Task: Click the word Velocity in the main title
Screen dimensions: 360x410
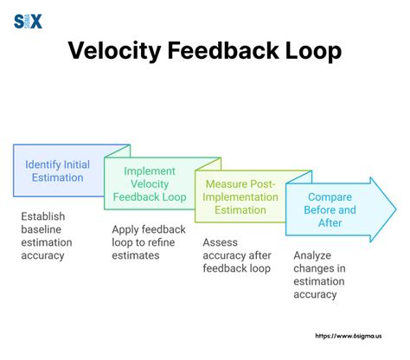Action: tap(112, 51)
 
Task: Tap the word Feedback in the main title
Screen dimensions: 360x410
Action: tap(229, 51)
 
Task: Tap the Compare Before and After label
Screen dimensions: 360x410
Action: tap(329, 209)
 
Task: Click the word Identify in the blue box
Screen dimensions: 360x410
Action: tap(47, 164)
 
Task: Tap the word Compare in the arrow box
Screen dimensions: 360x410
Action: tap(329, 196)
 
